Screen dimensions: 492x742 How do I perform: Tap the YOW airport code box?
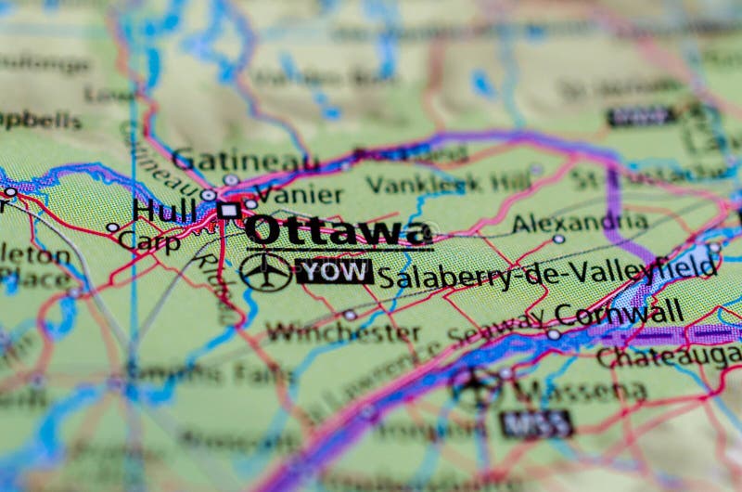click(x=334, y=271)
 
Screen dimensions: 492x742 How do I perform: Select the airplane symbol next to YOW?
click(x=265, y=271)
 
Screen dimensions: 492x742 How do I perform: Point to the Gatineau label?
click(x=244, y=160)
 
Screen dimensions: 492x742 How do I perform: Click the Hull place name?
click(x=164, y=210)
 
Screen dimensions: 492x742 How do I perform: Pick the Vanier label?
click(x=298, y=195)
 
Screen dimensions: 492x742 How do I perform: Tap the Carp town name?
click(x=149, y=241)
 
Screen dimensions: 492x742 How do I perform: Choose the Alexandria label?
click(x=580, y=222)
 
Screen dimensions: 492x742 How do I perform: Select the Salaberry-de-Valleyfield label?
click(x=547, y=272)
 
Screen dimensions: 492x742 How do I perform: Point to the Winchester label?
click(x=343, y=331)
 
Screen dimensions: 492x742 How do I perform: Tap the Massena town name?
click(x=580, y=390)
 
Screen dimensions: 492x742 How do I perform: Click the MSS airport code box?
click(x=536, y=424)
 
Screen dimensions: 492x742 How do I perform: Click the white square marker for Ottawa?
click(x=228, y=211)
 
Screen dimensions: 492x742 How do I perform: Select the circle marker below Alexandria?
click(x=558, y=240)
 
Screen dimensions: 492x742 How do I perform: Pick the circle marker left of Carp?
click(x=112, y=227)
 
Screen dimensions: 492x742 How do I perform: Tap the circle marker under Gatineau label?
click(x=230, y=180)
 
